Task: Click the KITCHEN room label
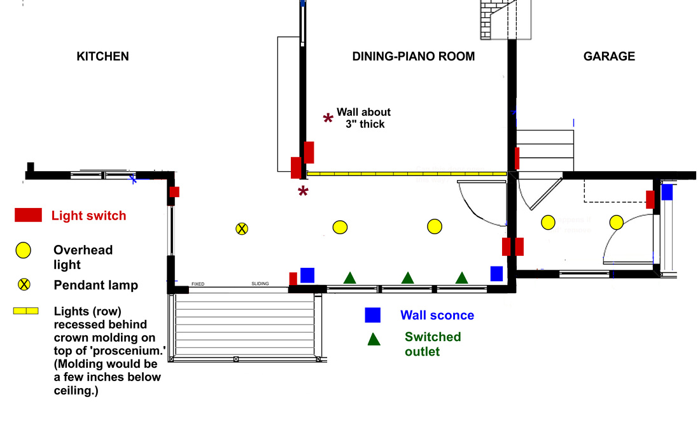pos(102,57)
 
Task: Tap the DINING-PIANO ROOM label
pos(414,57)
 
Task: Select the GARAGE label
pos(609,57)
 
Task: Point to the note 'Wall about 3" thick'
pos(363,118)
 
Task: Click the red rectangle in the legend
pos(28,215)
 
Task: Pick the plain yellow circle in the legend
pos(24,250)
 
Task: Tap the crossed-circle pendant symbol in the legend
pos(24,284)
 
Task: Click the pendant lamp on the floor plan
pos(241,228)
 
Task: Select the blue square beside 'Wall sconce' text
pos(372,315)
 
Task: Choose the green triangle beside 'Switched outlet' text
pos(374,339)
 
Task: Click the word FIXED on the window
pos(198,284)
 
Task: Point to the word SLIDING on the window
pos(260,284)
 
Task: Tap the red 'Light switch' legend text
pos(88,216)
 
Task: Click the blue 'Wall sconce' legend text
pos(437,315)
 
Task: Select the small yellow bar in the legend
pos(25,311)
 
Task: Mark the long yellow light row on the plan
pos(407,173)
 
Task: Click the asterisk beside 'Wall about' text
pos(328,118)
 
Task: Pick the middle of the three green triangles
pos(407,277)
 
